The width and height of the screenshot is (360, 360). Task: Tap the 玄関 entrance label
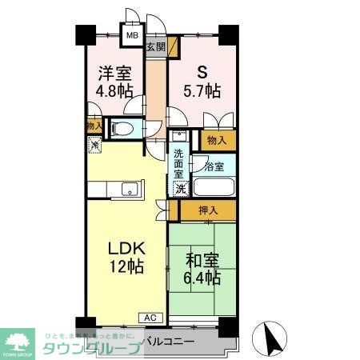[x=155, y=47]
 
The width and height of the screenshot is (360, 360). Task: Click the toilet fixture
[x=122, y=127]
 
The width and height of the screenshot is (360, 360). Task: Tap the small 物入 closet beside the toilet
[x=94, y=126]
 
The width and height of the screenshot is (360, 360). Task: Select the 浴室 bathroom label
[x=214, y=166]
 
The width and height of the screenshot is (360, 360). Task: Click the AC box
[x=151, y=318]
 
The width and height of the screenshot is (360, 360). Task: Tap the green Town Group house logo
[x=20, y=340]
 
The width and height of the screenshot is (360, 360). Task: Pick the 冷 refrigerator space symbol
[x=95, y=146]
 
